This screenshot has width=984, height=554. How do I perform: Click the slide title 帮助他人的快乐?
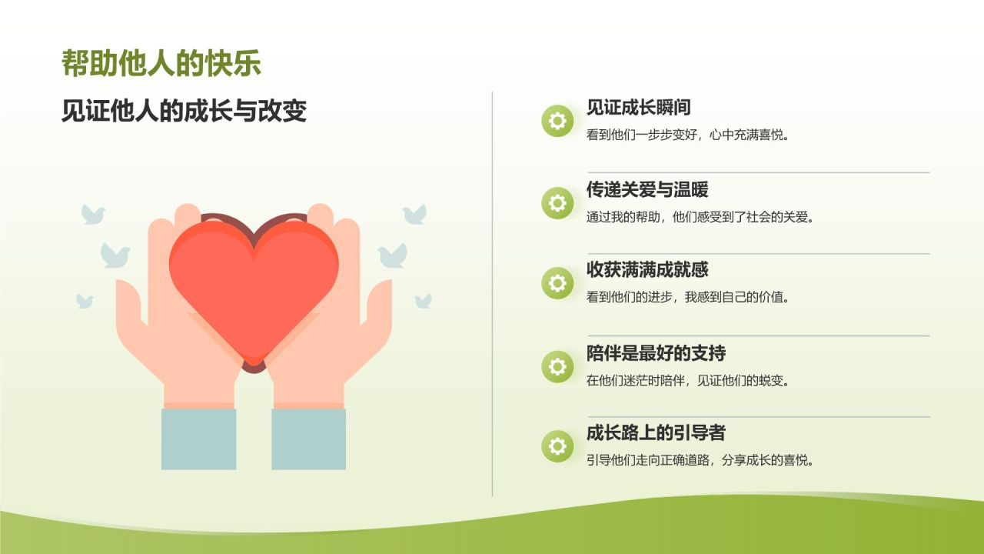[x=161, y=64]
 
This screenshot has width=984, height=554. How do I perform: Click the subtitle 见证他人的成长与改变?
[x=184, y=112]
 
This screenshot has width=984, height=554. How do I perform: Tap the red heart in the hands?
[x=254, y=285]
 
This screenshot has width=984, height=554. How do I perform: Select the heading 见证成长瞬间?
[x=639, y=108]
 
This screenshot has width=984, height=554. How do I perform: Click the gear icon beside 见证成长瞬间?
[x=557, y=121]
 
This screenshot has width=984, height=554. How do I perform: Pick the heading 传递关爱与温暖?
[x=647, y=189]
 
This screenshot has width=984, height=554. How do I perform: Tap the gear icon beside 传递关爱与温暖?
[x=557, y=202]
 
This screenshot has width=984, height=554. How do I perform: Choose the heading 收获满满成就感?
[x=647, y=270]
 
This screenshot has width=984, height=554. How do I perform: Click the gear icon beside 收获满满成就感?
[x=557, y=283]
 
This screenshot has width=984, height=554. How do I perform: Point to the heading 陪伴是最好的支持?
[x=656, y=354]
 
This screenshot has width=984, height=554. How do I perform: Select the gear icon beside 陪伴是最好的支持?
[x=557, y=366]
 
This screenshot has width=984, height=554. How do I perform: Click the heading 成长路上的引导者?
[x=656, y=433]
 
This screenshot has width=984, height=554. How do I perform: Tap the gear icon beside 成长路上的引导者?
[x=557, y=446]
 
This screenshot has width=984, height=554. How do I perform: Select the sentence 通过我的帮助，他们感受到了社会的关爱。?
[x=700, y=217]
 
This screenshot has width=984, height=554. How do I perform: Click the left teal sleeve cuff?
[x=198, y=439]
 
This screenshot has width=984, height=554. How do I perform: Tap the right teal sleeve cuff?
[x=308, y=439]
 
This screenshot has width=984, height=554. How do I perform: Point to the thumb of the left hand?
[x=131, y=304]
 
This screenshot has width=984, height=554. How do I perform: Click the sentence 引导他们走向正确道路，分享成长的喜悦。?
[x=700, y=461]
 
